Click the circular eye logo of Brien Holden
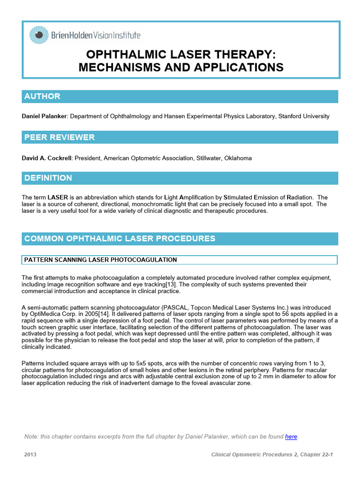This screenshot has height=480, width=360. (x=39, y=35)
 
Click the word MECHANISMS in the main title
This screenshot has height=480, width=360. (x=118, y=67)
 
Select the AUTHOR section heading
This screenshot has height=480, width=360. (x=42, y=97)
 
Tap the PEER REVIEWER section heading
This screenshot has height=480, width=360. (x=59, y=137)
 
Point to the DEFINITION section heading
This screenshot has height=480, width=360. (x=48, y=178)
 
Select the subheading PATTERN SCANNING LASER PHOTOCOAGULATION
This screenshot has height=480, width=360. (x=100, y=260)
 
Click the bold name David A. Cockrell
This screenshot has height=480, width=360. (x=46, y=158)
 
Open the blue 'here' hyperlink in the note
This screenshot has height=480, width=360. (x=291, y=436)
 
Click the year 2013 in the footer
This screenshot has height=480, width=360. (x=30, y=455)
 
